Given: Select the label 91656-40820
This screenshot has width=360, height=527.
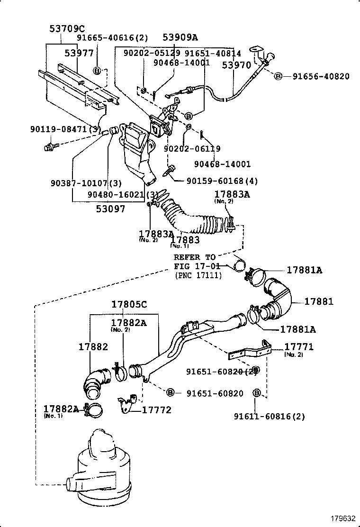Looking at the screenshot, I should [x=321, y=76].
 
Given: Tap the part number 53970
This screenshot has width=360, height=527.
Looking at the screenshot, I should [x=236, y=65].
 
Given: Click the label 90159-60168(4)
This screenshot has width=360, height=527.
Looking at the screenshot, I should [x=222, y=181].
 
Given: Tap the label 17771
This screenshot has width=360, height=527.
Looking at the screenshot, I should [x=299, y=347].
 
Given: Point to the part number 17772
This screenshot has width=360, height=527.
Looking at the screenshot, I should [x=157, y=410].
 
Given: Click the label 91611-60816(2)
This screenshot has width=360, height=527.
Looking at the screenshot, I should [x=269, y=417].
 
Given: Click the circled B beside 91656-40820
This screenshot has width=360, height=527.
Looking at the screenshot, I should [x=278, y=76].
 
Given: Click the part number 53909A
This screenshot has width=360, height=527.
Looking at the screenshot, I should [x=180, y=37].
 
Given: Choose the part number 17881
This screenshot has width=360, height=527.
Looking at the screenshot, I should [x=318, y=301].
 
